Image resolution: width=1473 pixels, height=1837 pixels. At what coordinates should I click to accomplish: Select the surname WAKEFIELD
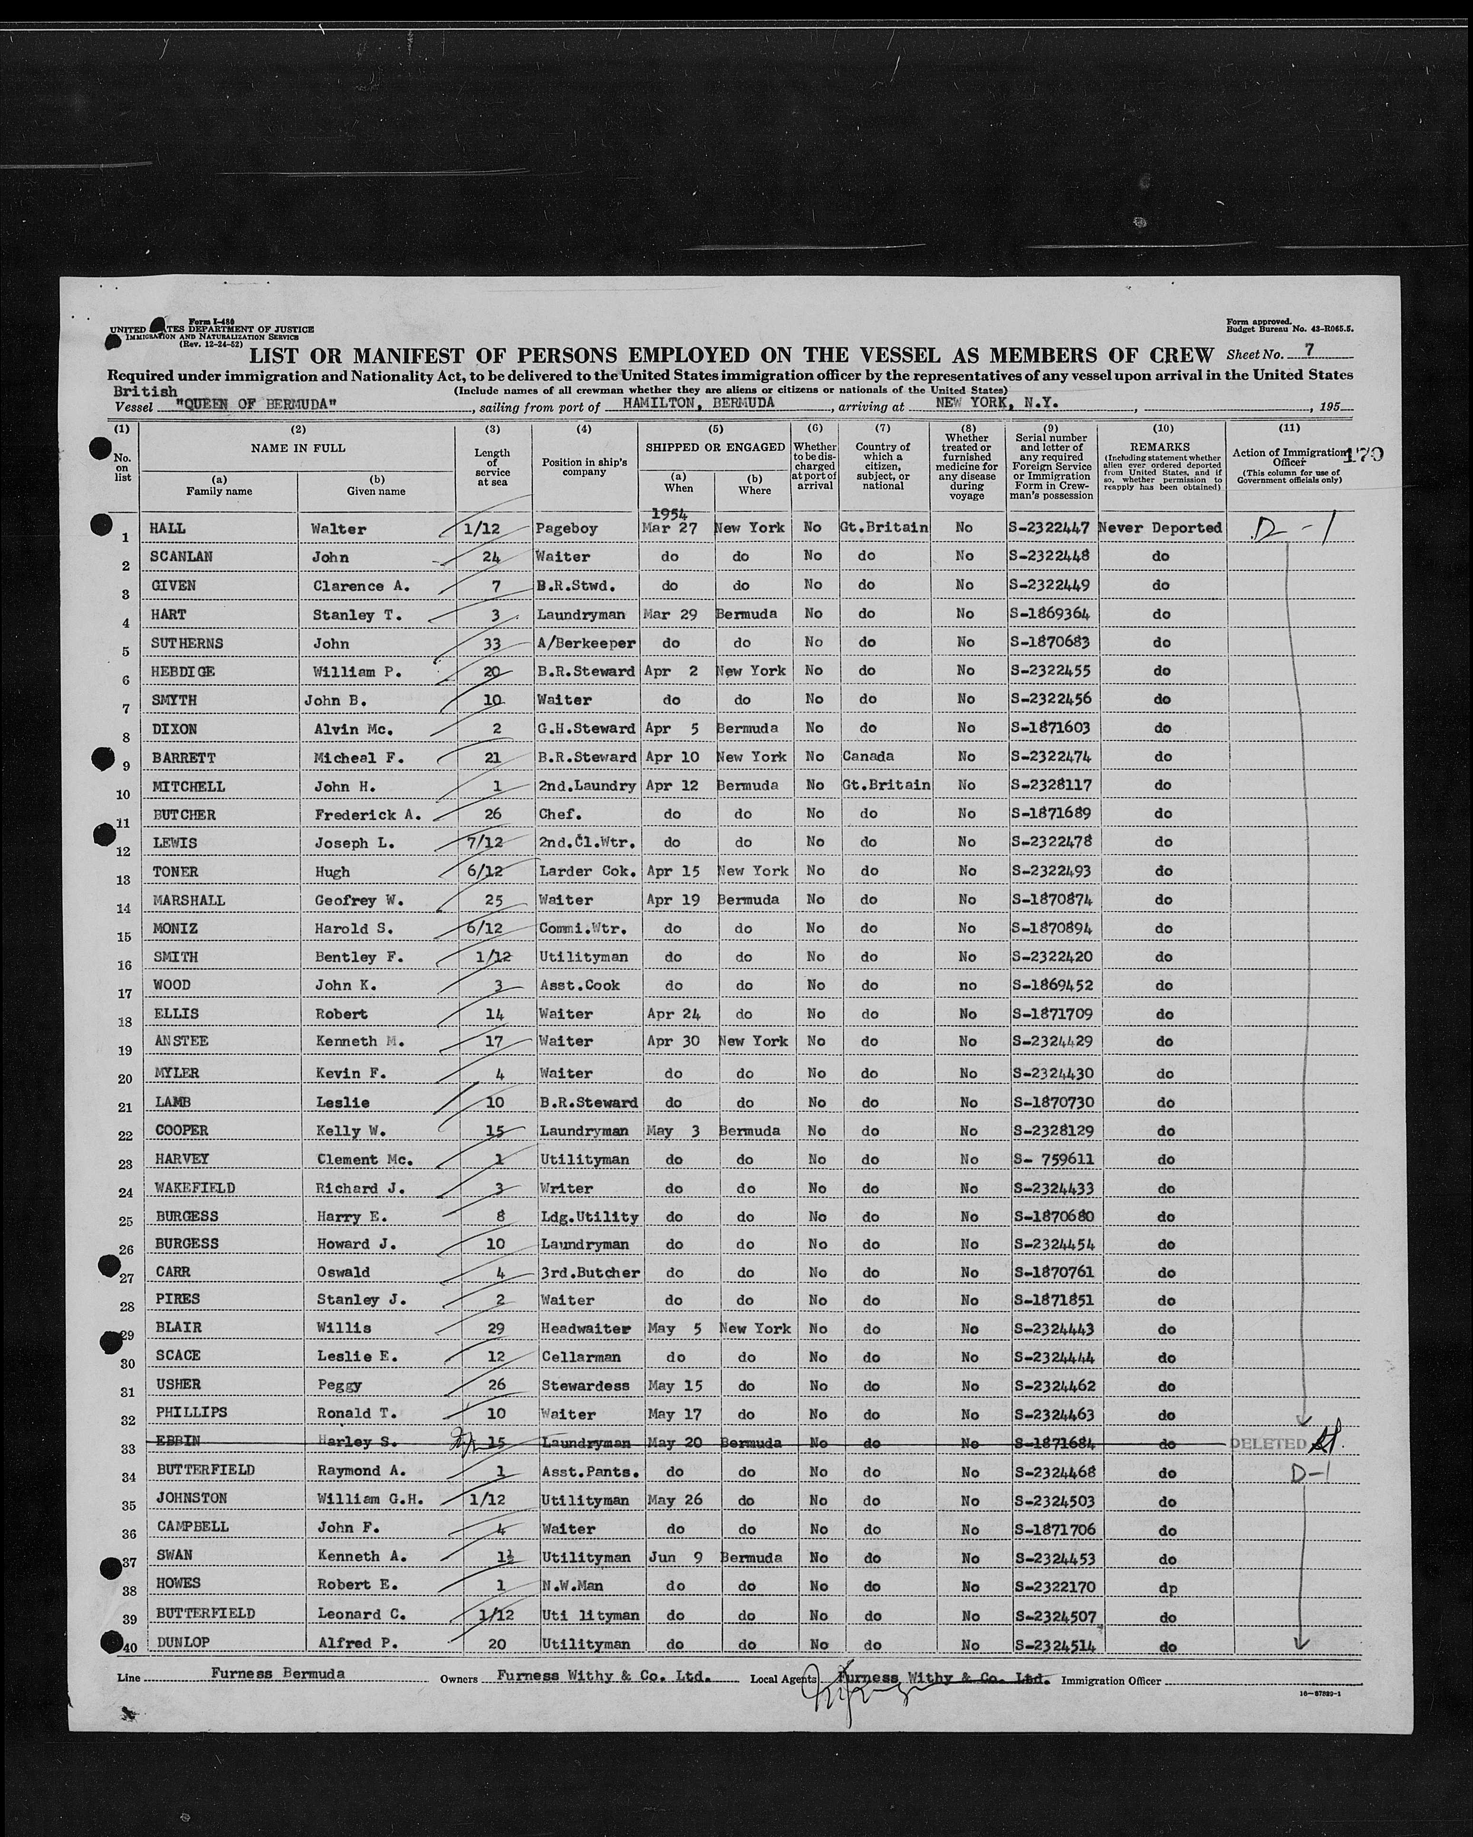click(194, 1188)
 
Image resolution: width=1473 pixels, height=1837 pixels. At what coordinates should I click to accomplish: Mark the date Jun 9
click(675, 1557)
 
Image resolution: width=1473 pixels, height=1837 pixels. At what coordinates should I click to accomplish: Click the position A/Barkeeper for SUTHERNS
click(587, 643)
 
